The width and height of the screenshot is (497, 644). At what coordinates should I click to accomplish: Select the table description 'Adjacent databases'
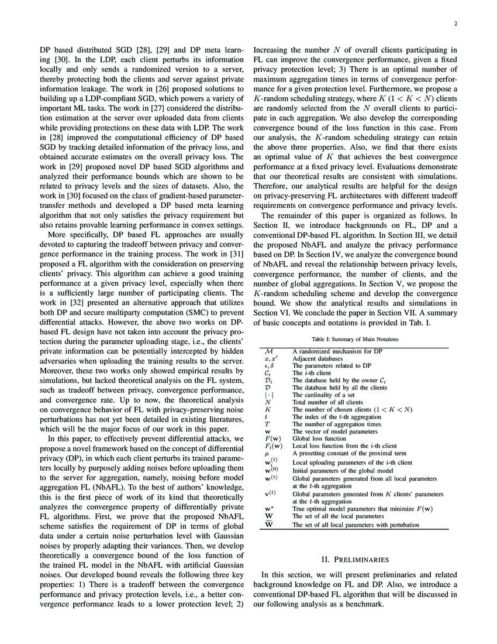tap(315, 358)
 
